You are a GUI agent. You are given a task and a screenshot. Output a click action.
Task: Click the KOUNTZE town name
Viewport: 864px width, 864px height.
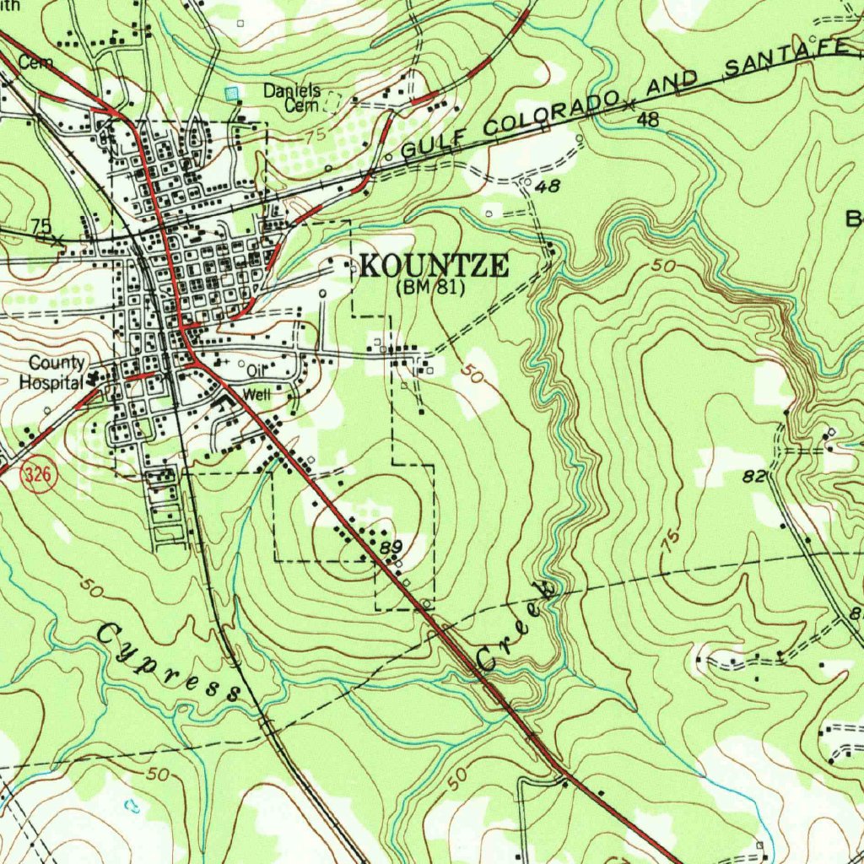(x=435, y=267)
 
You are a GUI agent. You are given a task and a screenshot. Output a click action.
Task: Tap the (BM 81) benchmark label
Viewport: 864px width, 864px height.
(x=430, y=288)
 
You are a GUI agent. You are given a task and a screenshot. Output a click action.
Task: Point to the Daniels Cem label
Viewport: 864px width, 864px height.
(x=292, y=97)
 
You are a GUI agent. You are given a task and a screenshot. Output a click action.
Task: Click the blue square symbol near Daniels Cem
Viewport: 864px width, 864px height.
(x=231, y=93)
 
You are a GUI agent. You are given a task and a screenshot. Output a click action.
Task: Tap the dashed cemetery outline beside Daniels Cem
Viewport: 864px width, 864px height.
(x=333, y=102)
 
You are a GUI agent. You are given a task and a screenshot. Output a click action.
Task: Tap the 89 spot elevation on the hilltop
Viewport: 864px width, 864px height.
(x=390, y=548)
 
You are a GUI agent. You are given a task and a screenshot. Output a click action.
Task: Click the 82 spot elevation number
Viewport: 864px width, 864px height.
(x=753, y=477)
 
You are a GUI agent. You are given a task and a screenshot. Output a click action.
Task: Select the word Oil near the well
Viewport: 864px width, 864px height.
(x=256, y=370)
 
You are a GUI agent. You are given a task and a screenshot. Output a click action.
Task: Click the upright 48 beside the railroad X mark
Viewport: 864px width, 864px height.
(x=648, y=120)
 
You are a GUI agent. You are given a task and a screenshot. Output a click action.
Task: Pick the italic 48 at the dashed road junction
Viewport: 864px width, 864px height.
(x=548, y=186)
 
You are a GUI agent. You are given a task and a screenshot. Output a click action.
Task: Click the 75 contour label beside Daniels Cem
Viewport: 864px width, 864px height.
(x=316, y=136)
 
